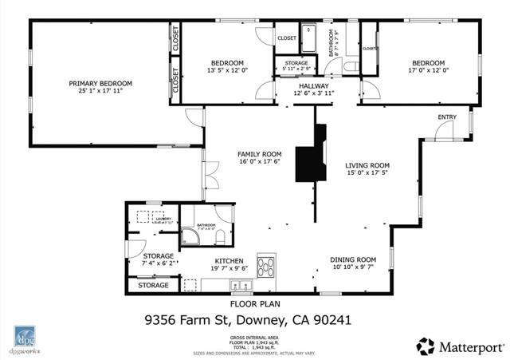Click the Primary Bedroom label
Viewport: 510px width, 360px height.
point(100,83)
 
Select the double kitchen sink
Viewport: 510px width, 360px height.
point(237,284)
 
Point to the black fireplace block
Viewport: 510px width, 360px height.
point(308,163)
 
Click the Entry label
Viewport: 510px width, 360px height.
point(447,117)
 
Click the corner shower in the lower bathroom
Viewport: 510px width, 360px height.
point(190,237)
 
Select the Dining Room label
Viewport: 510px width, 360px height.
point(353,259)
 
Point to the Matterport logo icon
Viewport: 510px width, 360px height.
point(426,346)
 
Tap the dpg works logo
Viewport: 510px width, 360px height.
point(25,338)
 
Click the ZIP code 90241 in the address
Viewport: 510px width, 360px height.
point(334,321)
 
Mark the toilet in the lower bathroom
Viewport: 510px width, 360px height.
point(222,237)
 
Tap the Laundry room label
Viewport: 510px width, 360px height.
point(163,217)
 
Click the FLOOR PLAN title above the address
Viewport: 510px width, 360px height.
point(253,304)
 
